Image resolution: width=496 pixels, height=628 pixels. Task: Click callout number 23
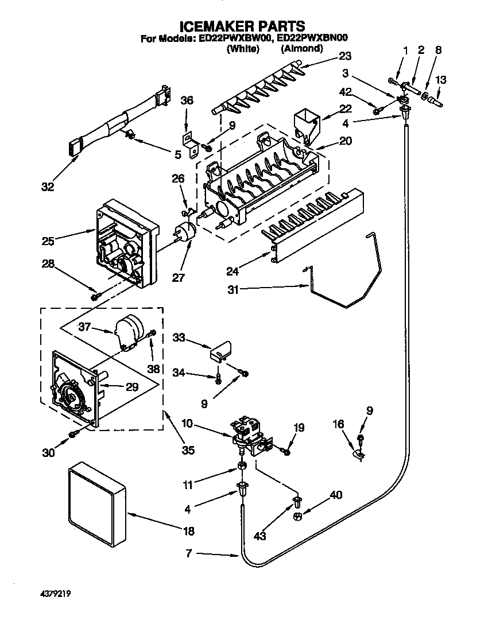pos(344,56)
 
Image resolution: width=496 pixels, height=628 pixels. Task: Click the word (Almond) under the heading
pos(301,49)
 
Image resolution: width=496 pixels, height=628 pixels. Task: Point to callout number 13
pos(441,80)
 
